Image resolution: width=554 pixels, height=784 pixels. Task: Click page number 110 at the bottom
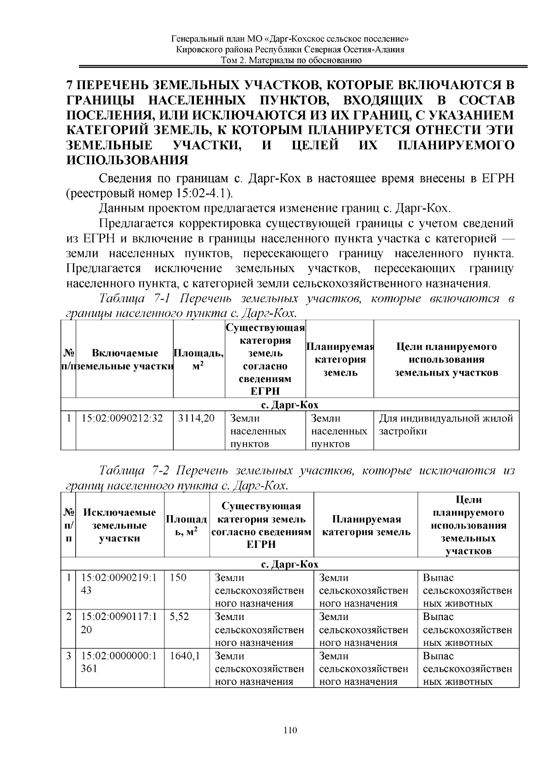click(x=290, y=730)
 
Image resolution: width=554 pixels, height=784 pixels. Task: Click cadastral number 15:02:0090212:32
click(x=122, y=419)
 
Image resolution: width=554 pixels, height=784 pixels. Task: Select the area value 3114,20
click(x=197, y=419)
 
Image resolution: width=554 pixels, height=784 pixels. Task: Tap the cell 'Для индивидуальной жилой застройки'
click(x=446, y=425)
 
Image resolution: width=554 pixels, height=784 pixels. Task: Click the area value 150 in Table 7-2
click(x=178, y=578)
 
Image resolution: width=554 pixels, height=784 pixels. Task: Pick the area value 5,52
click(x=180, y=617)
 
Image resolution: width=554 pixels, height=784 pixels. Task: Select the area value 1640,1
click(x=185, y=656)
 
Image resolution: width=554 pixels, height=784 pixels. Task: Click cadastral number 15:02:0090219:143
click(x=119, y=584)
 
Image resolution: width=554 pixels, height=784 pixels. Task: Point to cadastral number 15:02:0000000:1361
click(x=119, y=662)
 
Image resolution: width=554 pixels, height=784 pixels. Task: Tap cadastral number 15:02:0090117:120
click(x=119, y=623)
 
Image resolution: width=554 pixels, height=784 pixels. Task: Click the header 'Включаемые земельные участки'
click(x=125, y=360)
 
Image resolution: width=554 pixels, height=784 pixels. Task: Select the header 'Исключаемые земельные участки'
click(x=120, y=525)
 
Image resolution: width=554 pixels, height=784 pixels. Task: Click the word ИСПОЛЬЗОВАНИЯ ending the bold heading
click(x=127, y=161)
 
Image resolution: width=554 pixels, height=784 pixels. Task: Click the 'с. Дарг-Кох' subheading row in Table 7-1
click(x=290, y=405)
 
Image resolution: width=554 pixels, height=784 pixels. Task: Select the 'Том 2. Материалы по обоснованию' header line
click(x=290, y=61)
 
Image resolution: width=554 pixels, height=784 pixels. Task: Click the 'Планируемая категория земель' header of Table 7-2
click(x=366, y=525)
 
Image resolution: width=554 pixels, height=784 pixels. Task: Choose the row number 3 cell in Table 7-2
click(x=68, y=656)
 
